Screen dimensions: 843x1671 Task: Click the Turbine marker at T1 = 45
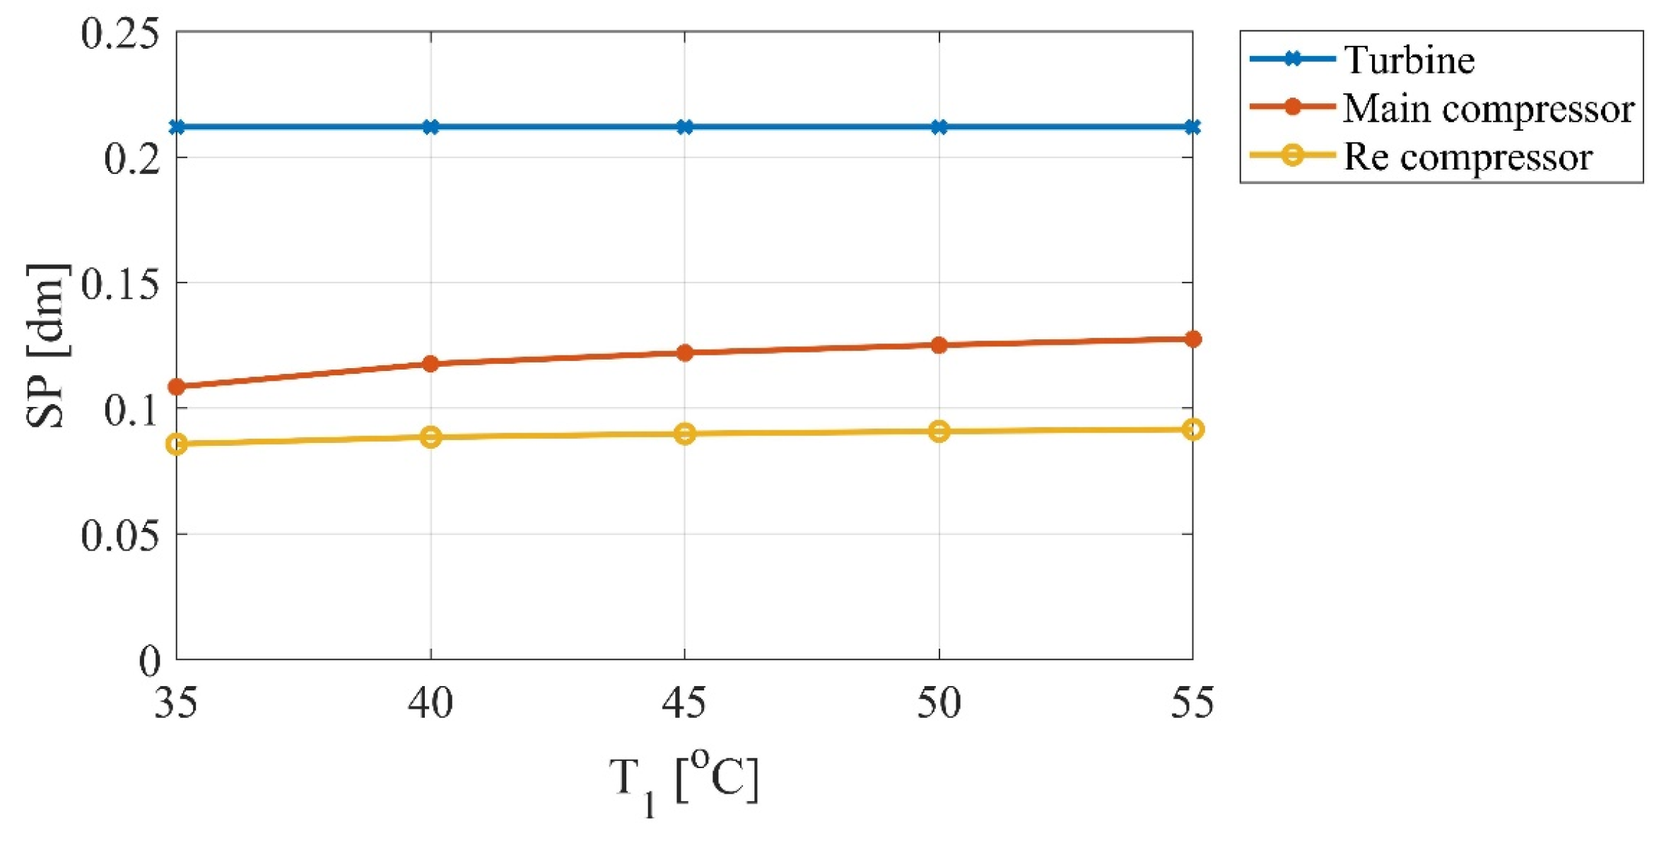click(684, 127)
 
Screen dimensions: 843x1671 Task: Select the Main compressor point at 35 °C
click(177, 387)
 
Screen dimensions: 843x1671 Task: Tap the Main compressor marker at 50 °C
click(939, 345)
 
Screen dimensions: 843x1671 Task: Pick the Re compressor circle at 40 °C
click(430, 437)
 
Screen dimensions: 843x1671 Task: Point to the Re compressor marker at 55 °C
click(1192, 429)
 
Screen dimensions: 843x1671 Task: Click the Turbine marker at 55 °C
click(1192, 127)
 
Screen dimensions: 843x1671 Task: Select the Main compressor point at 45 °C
click(684, 352)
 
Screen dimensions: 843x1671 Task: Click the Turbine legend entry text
click(1409, 59)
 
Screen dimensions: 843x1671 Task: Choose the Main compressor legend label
click(1489, 108)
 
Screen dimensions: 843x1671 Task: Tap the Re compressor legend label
click(1467, 156)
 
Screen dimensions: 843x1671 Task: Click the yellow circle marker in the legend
click(1292, 155)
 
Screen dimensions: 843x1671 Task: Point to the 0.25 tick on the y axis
click(119, 33)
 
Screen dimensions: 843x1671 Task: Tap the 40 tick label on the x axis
click(430, 703)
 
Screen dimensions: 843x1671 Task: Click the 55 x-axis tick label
click(1192, 703)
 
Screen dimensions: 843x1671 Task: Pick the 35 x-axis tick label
click(176, 703)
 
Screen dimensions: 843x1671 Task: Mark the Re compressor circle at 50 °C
click(939, 431)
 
